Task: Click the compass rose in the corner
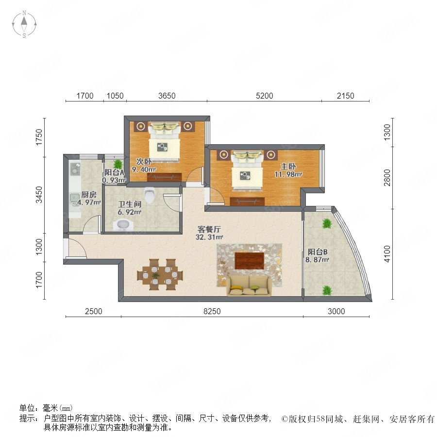pos(24,24)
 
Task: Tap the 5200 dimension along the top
pos(264,96)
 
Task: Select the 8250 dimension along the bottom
pos(212,311)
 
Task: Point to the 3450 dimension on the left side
pos(39,195)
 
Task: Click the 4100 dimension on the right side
pos(387,253)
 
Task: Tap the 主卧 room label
pos(288,167)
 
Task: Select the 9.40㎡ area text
pos(144,169)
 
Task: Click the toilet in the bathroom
pos(150,194)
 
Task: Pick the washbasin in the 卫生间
pos(123,225)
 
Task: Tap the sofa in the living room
pos(249,286)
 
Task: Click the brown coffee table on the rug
pos(250,261)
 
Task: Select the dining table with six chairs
pos(160,275)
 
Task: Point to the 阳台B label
pos(318,252)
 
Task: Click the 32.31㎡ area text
pos(209,237)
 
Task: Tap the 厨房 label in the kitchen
pos(89,195)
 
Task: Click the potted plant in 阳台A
pos(118,164)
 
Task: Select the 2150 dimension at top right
pos(345,96)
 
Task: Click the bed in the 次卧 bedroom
pos(165,141)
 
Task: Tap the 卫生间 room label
pos(130,204)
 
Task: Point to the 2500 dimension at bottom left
pos(93,311)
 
